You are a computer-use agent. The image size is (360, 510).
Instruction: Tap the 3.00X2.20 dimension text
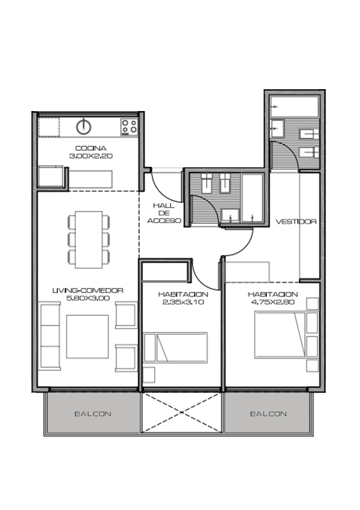[91, 156]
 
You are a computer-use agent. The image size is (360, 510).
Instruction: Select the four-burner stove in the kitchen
[129, 127]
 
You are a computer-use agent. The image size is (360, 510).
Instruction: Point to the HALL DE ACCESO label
[164, 213]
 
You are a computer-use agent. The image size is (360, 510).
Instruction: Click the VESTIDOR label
[296, 222]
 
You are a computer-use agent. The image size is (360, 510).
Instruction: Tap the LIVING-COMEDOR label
[88, 290]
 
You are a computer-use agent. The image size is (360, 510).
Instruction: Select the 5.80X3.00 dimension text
[88, 298]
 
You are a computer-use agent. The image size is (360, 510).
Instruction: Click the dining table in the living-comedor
[89, 240]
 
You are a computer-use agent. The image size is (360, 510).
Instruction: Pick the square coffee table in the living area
[88, 337]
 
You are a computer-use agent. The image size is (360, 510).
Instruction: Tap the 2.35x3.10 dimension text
[183, 302]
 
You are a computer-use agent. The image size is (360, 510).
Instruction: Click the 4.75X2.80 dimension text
[273, 302]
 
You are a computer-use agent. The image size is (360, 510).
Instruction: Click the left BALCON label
[93, 414]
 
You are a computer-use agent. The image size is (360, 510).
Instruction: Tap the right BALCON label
[268, 414]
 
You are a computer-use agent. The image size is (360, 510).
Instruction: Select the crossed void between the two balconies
[182, 413]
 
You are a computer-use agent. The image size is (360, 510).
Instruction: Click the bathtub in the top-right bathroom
[294, 107]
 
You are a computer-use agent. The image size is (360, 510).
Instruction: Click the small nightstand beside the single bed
[149, 375]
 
